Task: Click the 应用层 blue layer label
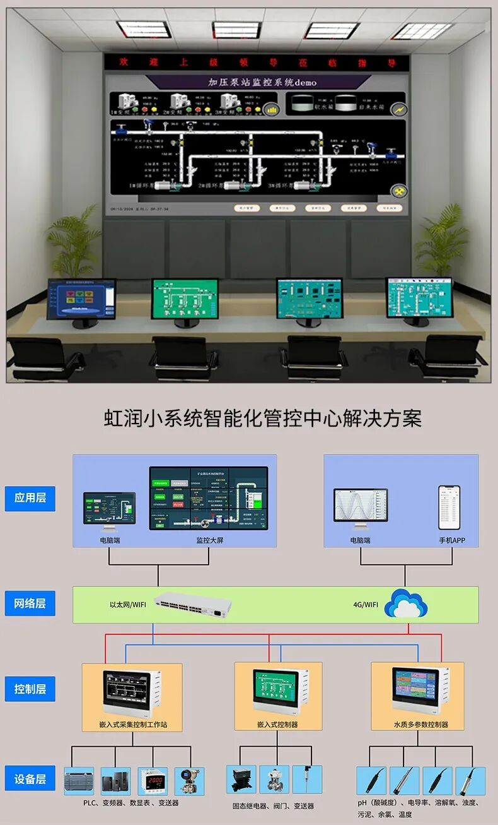pos(30,498)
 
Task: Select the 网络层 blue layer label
pos(30,603)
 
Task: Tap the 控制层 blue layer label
pos(30,689)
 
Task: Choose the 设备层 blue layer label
pos(30,779)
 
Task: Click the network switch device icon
pos(192,605)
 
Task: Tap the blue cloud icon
pos(406,604)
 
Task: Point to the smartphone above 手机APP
pos(449,507)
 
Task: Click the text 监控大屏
pos(209,540)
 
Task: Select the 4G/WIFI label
pos(366,605)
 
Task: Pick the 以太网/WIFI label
pos(128,605)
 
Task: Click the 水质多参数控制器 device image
pos(419,690)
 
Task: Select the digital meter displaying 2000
pos(153,781)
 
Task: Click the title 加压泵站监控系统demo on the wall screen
pos(263,82)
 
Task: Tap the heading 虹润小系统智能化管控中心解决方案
pos(262,418)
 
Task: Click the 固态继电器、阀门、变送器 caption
pos(273,806)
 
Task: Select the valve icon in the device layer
pos(274,780)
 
